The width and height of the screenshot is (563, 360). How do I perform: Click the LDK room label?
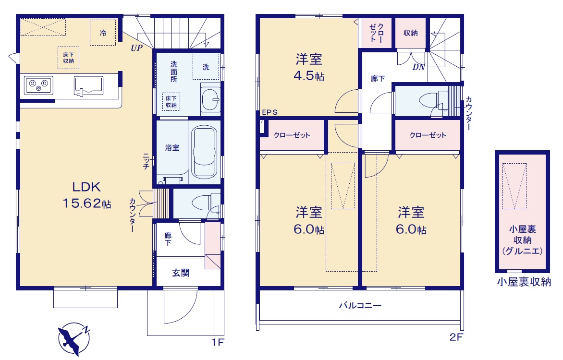click(x=86, y=187)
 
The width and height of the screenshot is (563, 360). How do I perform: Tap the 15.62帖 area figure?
click(x=87, y=204)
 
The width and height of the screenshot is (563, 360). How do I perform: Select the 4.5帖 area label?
click(x=309, y=76)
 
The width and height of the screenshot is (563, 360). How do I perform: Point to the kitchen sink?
click(x=88, y=86)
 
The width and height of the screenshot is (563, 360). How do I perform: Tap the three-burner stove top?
click(x=39, y=85)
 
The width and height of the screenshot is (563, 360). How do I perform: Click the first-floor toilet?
click(x=206, y=203)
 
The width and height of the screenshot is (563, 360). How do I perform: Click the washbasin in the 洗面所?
click(x=211, y=98)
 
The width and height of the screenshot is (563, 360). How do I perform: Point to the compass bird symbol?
click(x=74, y=339)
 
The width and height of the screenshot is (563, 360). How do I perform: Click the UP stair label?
click(x=136, y=48)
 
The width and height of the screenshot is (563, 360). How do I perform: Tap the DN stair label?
click(x=419, y=67)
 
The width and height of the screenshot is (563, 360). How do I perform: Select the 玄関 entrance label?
click(x=181, y=273)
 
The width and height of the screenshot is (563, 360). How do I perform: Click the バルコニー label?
click(x=360, y=305)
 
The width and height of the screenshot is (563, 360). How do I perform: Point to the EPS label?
click(x=269, y=112)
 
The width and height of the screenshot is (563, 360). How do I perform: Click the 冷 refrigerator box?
click(x=103, y=33)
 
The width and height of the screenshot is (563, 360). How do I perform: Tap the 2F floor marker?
click(x=456, y=337)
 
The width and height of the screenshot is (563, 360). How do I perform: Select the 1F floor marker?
click(x=217, y=342)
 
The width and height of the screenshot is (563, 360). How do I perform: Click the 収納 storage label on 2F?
click(x=410, y=33)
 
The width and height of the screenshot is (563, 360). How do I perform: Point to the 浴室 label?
click(x=172, y=147)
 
